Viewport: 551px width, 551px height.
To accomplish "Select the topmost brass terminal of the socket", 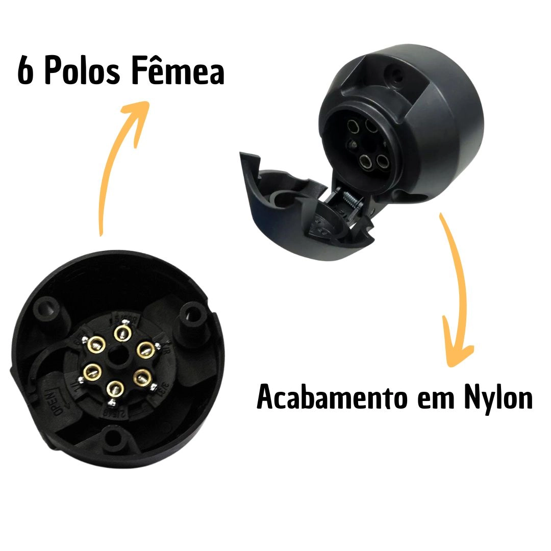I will click(121, 333).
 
